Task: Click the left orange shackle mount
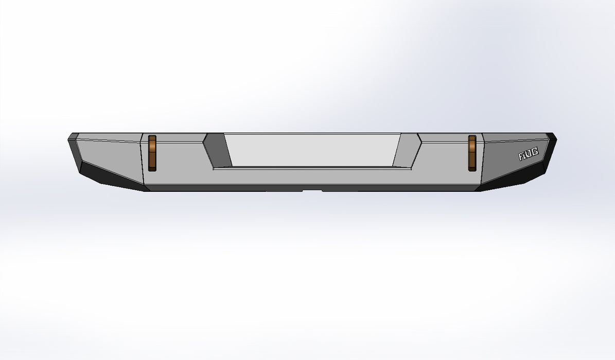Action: [x=152, y=153]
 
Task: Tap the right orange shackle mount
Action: [x=472, y=153]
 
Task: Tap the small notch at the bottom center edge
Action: [x=312, y=191]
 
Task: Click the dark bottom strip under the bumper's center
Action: [x=232, y=189]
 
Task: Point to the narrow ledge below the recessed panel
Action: [x=311, y=168]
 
